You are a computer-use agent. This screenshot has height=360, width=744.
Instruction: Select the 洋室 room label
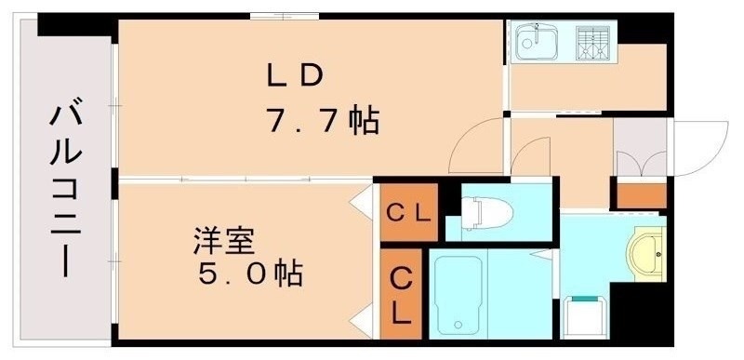click(x=224, y=239)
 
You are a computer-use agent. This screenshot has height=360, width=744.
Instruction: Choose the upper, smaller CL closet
click(x=406, y=212)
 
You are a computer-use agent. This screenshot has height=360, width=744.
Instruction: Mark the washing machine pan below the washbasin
click(x=587, y=316)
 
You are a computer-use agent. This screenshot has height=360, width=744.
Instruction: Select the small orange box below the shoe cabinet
click(x=643, y=196)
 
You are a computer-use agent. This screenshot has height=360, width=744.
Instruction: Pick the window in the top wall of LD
click(x=285, y=16)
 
